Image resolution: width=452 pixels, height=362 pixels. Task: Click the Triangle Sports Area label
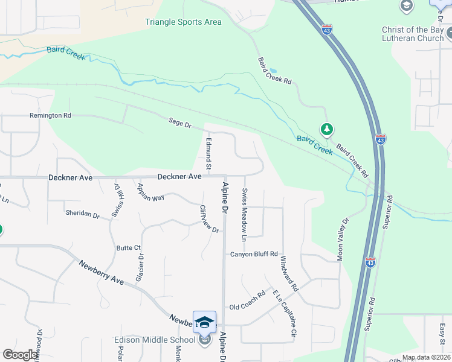pyautogui.click(x=183, y=22)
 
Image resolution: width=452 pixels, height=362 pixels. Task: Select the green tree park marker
pyautogui.click(x=327, y=130)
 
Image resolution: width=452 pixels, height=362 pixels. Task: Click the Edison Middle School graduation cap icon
pyautogui.click(x=204, y=322)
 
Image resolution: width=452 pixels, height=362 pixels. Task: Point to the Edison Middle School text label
pyautogui.click(x=155, y=340)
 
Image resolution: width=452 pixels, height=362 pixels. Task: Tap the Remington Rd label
pyautogui.click(x=50, y=115)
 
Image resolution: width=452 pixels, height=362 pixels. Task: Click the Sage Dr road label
pyautogui.click(x=179, y=124)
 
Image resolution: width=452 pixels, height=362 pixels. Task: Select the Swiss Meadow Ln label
pyautogui.click(x=245, y=215)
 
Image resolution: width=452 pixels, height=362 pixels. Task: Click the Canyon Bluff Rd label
pyautogui.click(x=254, y=255)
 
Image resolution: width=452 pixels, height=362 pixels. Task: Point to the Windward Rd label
pyautogui.click(x=289, y=274)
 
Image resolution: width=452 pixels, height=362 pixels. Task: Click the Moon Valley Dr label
pyautogui.click(x=342, y=240)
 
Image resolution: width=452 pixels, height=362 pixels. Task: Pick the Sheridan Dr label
pyautogui.click(x=82, y=214)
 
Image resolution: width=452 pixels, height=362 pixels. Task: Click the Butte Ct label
pyautogui.click(x=128, y=248)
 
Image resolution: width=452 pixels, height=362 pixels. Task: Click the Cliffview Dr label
pyautogui.click(x=209, y=220)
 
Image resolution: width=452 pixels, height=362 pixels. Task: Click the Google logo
pyautogui.click(x=21, y=355)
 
